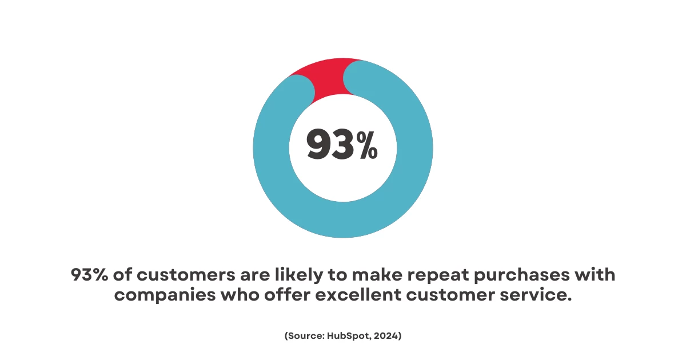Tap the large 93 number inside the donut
point(330,144)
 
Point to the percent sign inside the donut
point(367,145)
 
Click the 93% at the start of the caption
point(89,274)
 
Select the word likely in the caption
point(299,275)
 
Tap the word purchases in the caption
point(521,275)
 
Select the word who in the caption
point(240,294)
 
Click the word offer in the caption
point(287,294)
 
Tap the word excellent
point(358,294)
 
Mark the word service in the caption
point(536,294)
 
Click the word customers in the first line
point(186,275)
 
